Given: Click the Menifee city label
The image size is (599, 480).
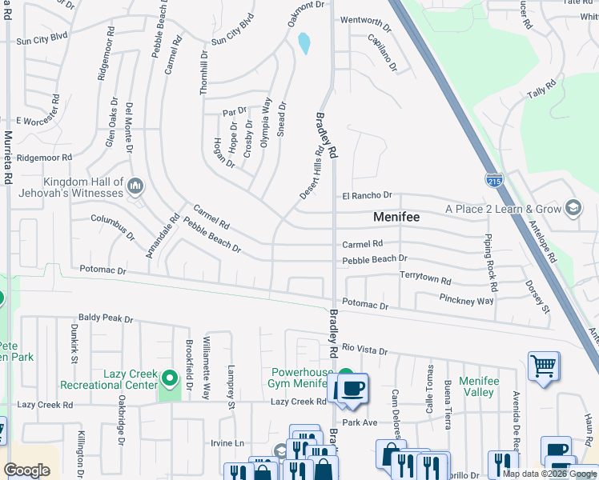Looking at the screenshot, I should point(397,217).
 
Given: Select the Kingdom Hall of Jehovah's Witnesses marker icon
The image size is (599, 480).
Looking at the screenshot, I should point(135,187).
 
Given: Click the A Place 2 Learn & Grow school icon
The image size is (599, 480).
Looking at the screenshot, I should point(573,209).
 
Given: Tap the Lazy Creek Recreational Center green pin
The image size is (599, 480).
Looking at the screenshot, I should point(169,377).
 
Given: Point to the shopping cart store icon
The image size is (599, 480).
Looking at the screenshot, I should point(544,366).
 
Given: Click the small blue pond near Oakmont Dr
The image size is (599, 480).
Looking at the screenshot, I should point(304,43).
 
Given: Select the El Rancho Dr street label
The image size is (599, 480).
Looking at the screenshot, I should point(367,195).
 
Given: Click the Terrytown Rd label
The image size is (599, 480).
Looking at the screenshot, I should point(425,276).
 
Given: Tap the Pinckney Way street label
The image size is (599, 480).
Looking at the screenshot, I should point(466,300).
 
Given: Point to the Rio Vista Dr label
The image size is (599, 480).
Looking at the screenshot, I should point(364,350).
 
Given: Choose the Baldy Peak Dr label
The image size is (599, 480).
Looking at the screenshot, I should point(105,319).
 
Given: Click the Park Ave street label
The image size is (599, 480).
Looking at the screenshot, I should point(359,422).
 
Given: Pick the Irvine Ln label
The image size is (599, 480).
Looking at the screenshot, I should point(227,442).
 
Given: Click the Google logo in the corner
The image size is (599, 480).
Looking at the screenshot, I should point(26,470).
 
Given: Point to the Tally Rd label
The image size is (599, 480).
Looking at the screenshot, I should point(541,90).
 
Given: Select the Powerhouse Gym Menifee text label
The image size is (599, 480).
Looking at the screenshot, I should point(300,378).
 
